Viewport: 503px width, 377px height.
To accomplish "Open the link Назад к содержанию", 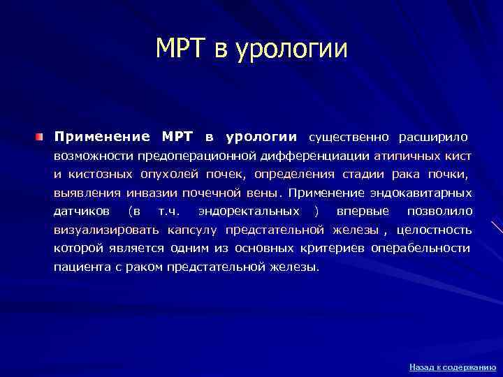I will click(x=452, y=367).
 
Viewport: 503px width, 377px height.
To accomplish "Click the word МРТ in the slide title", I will click(x=181, y=49).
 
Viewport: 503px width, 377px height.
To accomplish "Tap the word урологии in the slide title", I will click(x=293, y=49).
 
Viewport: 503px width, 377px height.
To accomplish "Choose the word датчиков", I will click(x=79, y=211).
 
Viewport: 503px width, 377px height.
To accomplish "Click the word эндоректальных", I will click(x=249, y=211).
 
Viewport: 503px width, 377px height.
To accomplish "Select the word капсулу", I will click(x=191, y=230).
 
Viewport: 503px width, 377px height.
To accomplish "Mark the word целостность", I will click(x=434, y=230).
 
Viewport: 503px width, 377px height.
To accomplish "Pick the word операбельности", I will click(x=421, y=249).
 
